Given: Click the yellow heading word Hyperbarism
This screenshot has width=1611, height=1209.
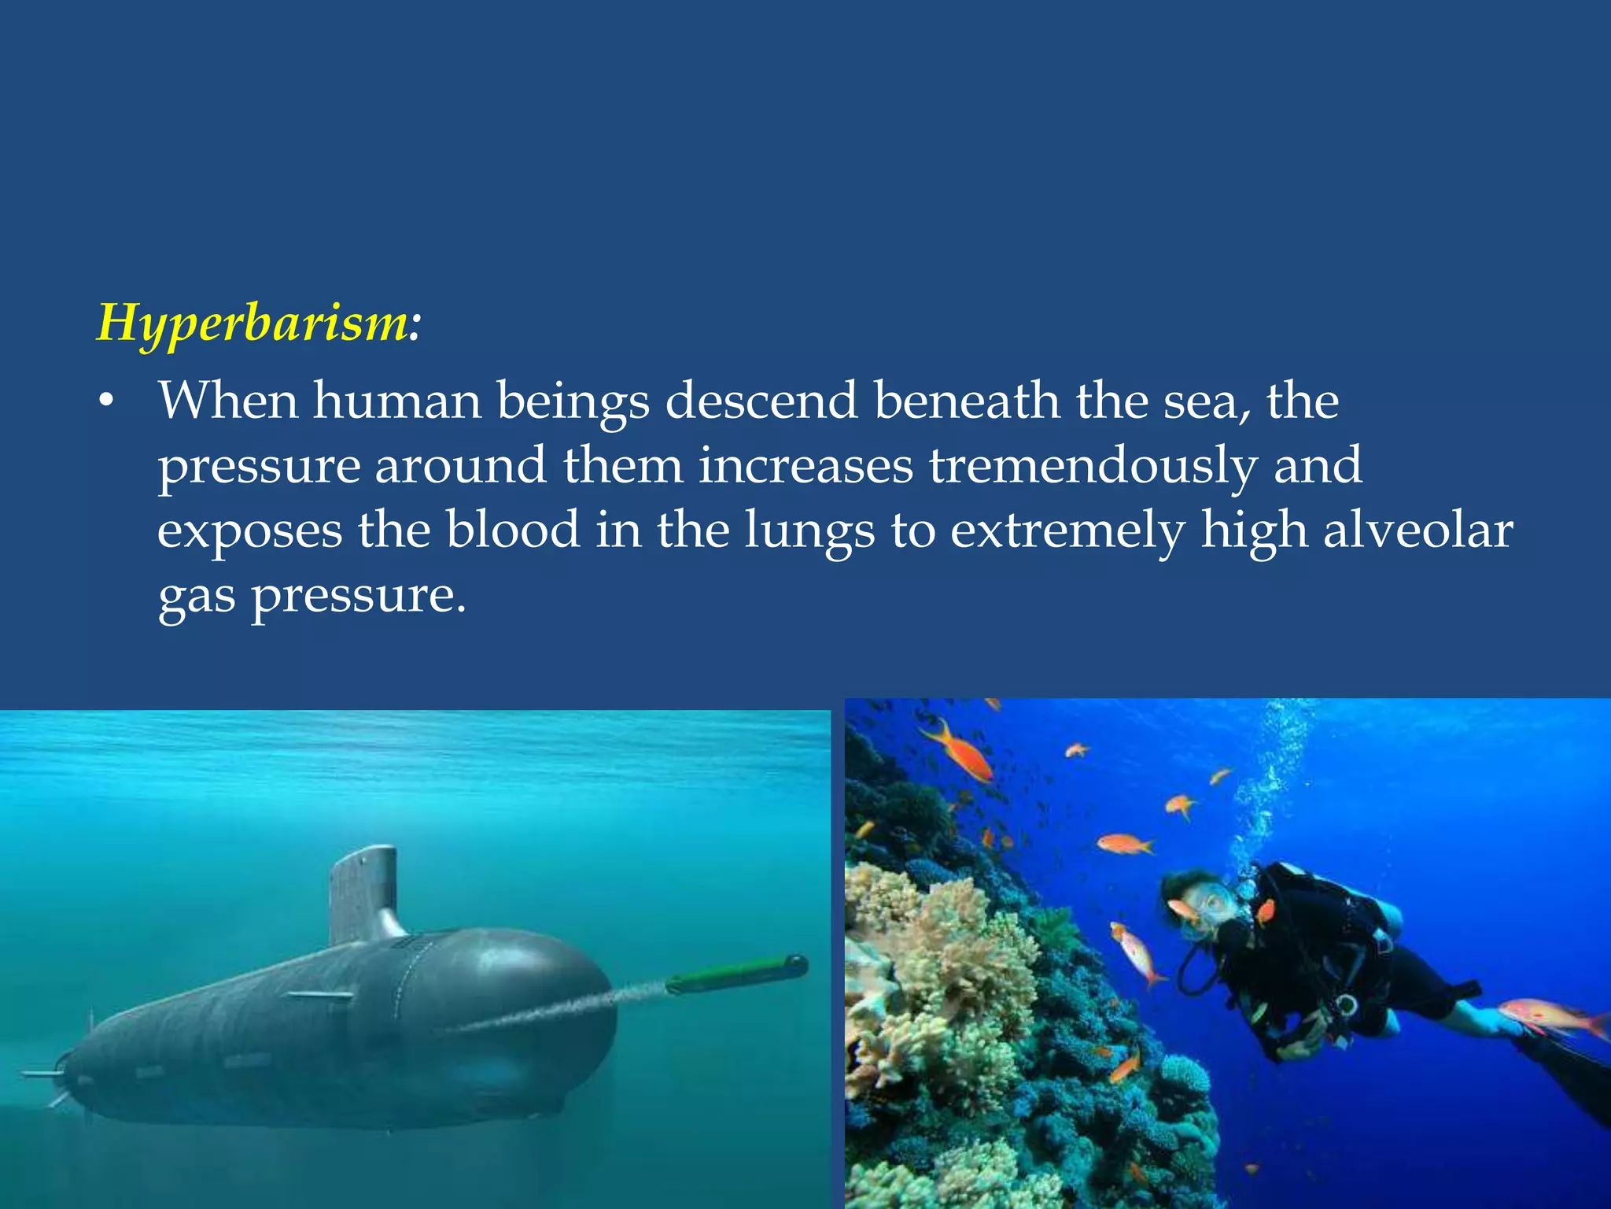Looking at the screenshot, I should tap(252, 323).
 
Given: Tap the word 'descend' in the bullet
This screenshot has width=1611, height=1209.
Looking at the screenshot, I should tap(761, 401).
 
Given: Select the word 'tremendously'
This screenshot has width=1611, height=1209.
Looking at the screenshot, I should tap(1092, 466).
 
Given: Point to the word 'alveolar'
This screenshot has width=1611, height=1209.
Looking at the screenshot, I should tap(1417, 531).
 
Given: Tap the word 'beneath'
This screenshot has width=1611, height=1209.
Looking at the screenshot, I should tap(967, 401).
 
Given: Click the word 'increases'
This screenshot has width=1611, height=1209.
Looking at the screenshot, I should tap(805, 465).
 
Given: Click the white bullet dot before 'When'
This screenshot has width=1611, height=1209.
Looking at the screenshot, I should tap(106, 403).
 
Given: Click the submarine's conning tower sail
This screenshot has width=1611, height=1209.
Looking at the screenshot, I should tap(363, 893).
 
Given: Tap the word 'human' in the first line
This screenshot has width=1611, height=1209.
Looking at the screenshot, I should tap(397, 401).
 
